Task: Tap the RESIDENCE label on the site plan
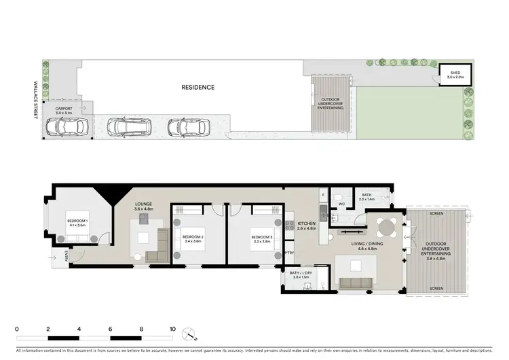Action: coord(197,87)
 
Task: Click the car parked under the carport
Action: coord(67,126)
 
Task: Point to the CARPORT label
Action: coord(64,110)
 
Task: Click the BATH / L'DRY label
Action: coord(300,276)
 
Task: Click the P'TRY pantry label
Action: coord(288,253)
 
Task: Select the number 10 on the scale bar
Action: coord(172,328)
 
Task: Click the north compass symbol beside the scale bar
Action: coord(193,334)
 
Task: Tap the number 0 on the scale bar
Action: coord(16,328)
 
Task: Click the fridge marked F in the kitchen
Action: coord(323,194)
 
